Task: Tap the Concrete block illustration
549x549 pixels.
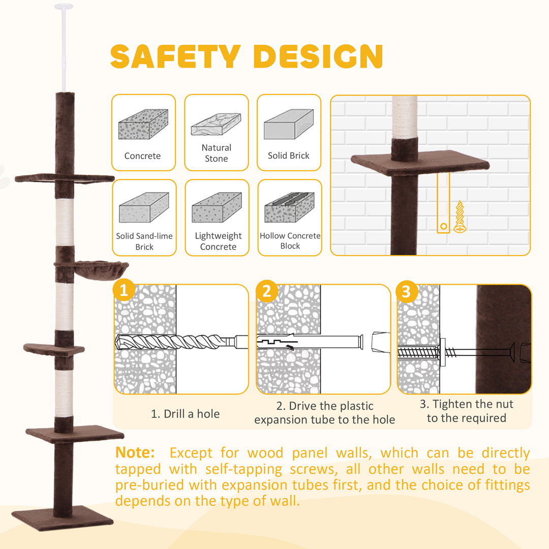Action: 143,125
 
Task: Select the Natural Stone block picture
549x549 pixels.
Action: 216,125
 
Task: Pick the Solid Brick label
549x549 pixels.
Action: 288,156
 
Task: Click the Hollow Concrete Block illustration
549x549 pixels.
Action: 290,208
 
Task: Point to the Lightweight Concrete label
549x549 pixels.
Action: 218,241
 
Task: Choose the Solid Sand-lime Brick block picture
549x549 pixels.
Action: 144,207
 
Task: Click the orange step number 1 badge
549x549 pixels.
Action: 124,292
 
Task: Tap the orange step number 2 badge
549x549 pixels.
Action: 266,292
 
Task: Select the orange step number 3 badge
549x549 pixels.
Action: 406,292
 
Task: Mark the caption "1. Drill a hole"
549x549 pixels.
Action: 186,414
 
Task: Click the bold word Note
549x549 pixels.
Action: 135,453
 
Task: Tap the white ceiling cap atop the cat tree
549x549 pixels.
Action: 64,7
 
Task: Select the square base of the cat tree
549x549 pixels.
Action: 63,518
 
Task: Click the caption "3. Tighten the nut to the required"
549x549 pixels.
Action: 467,411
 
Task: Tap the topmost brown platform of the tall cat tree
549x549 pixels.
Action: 65,178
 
